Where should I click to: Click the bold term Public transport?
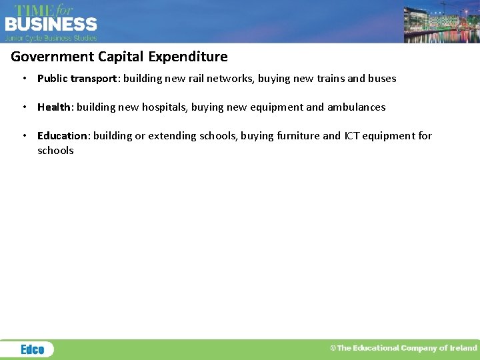click(x=77, y=79)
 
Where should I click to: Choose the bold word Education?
click(x=62, y=136)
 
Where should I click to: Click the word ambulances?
click(x=356, y=107)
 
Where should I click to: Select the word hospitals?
click(x=164, y=107)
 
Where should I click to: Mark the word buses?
click(x=381, y=79)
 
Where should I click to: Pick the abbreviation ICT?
click(x=352, y=136)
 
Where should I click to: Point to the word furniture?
click(x=296, y=136)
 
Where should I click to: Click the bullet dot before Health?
click(x=24, y=107)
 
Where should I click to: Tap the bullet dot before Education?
click(x=24, y=136)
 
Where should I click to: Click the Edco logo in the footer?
click(x=32, y=349)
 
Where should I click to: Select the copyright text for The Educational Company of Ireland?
click(x=404, y=348)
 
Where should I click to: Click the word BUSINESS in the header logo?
click(x=51, y=24)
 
